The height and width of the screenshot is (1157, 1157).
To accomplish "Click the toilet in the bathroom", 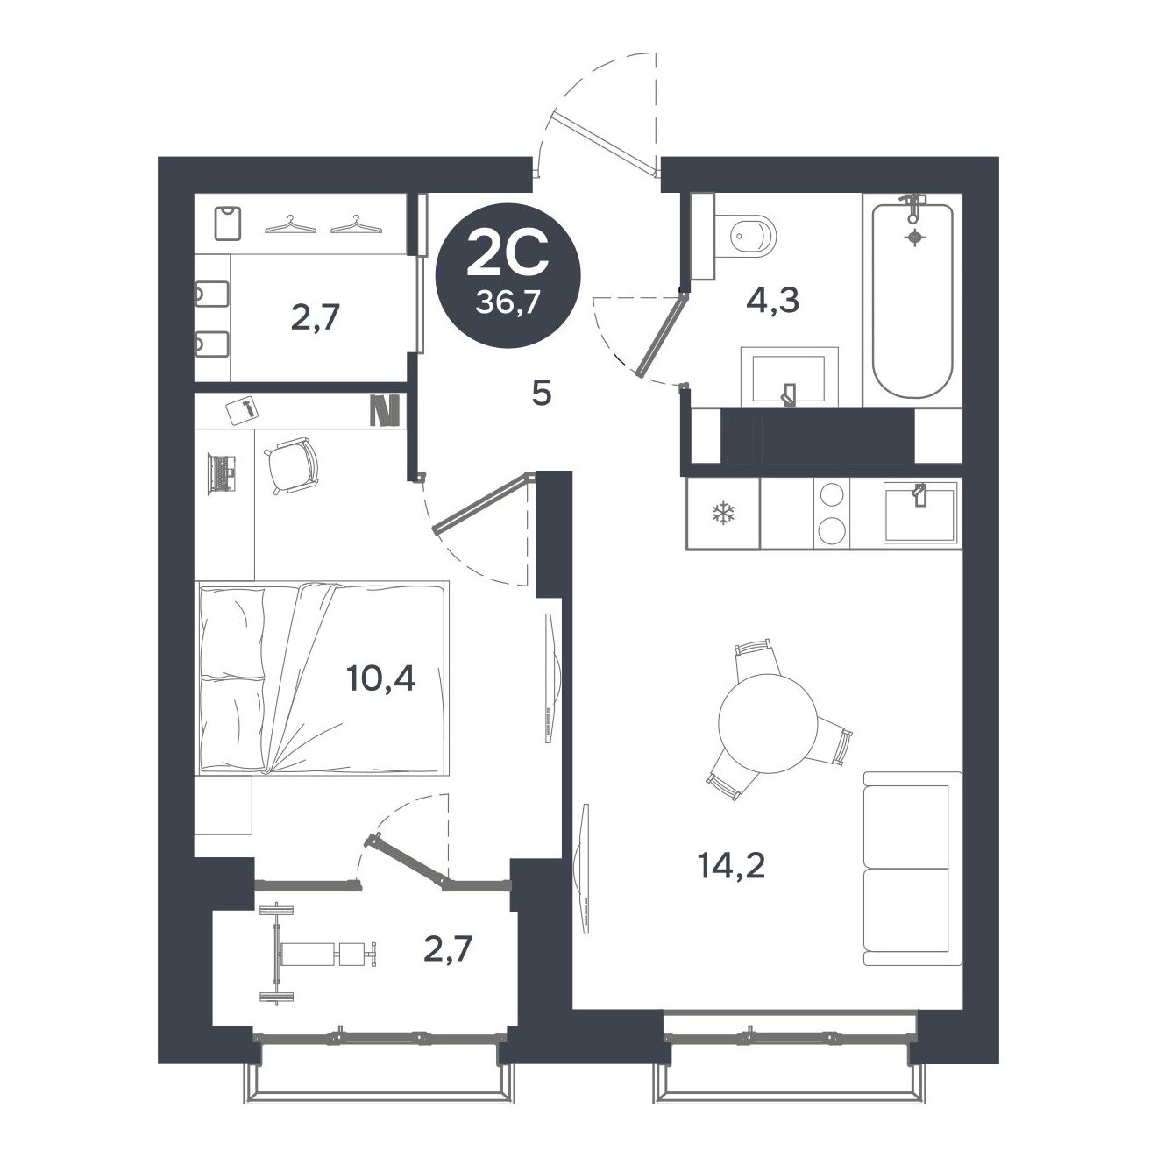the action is (743, 236).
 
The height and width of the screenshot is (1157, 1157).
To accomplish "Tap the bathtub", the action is (912, 300).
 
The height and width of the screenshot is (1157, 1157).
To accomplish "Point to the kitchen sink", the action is (919, 513).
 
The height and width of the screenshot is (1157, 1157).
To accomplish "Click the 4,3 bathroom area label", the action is (772, 301).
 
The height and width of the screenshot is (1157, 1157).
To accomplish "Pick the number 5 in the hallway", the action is (542, 394).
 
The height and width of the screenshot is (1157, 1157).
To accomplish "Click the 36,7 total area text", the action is (506, 302).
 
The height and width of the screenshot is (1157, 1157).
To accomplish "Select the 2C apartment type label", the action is (507, 253).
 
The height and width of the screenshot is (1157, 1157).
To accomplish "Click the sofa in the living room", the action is (912, 869).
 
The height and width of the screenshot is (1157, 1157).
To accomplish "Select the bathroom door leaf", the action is (661, 334).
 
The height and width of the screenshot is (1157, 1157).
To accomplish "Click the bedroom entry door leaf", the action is (484, 502).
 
